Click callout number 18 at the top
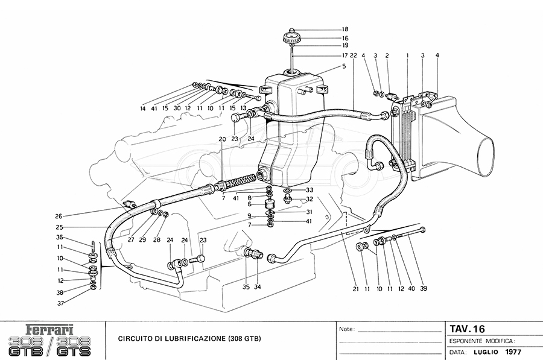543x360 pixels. point(345,30)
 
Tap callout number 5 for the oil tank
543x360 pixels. point(344,66)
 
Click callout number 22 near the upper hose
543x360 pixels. point(354,55)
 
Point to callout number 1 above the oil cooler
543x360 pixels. point(408,55)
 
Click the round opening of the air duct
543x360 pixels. point(483,154)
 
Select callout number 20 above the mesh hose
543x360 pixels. point(222,139)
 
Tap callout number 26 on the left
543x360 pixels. point(59,216)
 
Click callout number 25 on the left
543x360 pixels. point(59,227)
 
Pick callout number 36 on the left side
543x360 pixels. point(60,238)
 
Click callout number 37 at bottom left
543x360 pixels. point(60,303)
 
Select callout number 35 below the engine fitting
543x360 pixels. point(246,286)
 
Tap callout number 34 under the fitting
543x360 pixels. point(257,286)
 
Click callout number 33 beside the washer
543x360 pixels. point(310,190)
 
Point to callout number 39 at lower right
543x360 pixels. point(423,288)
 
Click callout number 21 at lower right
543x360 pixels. point(355,288)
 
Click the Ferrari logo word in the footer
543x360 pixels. point(51,329)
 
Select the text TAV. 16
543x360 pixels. point(468,329)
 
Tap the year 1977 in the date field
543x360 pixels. point(513,352)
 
